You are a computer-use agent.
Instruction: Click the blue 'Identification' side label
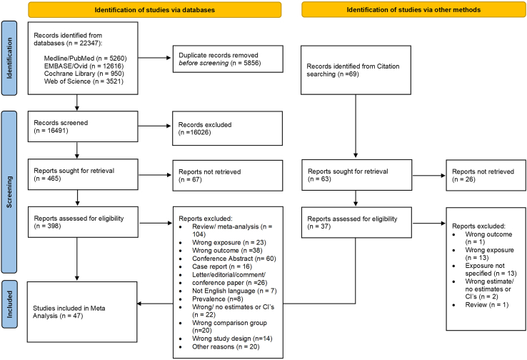9,58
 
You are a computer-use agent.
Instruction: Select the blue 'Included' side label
9,304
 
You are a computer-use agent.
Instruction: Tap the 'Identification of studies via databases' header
155,10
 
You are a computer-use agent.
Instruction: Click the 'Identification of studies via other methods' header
413,10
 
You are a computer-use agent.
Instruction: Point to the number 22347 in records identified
89,43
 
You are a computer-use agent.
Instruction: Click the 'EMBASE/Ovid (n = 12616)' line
84,66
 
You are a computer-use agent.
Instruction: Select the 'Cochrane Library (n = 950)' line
84,74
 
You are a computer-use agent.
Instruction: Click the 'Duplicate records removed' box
228,59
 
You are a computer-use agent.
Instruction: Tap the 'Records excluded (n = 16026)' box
227,129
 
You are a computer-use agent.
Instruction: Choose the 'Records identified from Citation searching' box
356,70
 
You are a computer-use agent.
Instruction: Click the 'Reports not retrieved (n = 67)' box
228,176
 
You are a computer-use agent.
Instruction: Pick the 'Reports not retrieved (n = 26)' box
486,175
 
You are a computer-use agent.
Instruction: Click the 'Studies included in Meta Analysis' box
82,312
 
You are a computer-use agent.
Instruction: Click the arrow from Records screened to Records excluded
155,126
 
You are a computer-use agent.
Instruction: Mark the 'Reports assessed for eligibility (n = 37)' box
356,223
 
